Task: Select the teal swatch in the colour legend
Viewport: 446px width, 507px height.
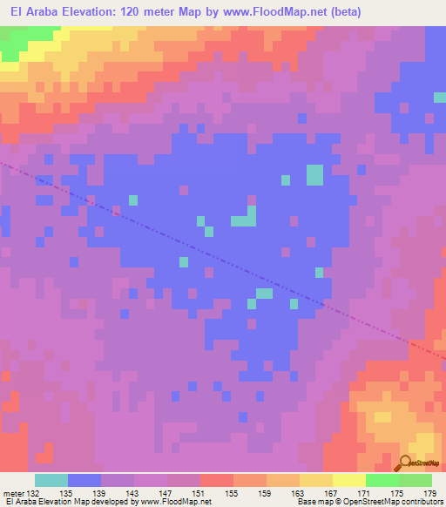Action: coord(51,480)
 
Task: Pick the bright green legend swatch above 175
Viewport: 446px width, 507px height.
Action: coord(382,480)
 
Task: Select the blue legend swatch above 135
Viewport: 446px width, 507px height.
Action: coord(84,480)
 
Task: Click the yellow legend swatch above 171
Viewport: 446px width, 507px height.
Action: coord(349,480)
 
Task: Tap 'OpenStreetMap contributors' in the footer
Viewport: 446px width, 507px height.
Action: coord(396,502)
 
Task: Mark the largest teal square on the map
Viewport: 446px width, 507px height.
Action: coord(314,175)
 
